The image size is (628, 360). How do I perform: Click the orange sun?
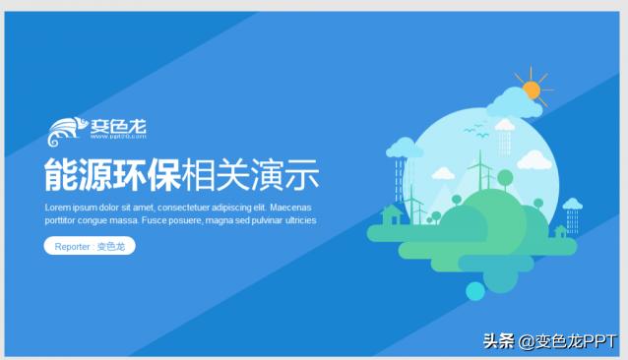click(x=533, y=90)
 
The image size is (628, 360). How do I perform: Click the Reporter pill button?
click(x=90, y=246)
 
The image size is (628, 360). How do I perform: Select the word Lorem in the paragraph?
click(x=58, y=208)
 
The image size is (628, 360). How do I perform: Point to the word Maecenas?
click(x=290, y=208)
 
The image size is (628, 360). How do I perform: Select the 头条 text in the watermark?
click(x=499, y=341)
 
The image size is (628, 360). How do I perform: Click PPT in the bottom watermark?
click(x=598, y=341)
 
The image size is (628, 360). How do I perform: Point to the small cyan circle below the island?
click(x=475, y=290)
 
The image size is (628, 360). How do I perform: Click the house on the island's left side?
click(x=391, y=213)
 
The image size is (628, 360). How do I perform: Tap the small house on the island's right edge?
click(x=561, y=232)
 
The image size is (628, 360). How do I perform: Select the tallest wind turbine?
click(x=481, y=172)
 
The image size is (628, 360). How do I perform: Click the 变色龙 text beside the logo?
click(x=118, y=126)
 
